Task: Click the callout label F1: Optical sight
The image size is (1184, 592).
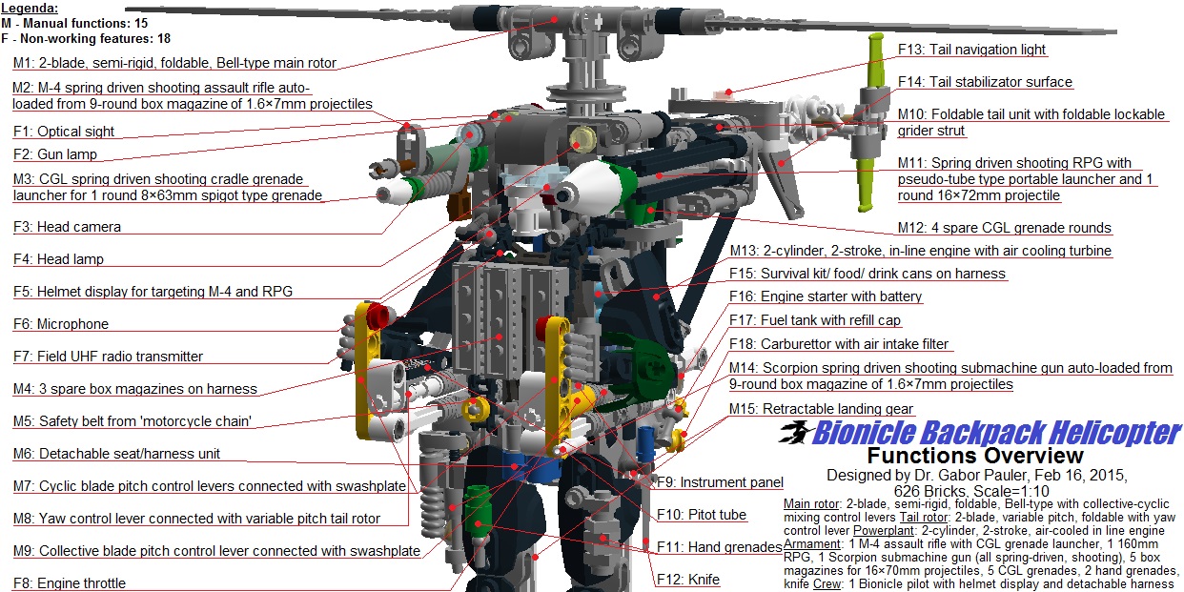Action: point(63,132)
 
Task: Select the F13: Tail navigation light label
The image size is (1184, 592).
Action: point(971,50)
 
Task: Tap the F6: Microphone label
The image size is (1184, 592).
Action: point(61,324)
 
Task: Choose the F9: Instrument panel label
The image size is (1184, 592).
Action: point(720,482)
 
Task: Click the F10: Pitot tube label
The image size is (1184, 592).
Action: point(702,515)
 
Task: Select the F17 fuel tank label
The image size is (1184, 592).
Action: point(815,320)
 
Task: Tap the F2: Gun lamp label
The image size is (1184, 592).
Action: point(55,154)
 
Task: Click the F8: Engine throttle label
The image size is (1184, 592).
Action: point(69,583)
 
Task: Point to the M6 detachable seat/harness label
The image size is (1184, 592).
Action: point(116,454)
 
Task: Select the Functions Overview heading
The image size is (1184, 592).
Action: point(974,456)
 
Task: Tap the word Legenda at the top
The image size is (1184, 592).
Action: point(29,8)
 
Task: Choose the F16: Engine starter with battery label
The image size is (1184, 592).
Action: point(826,296)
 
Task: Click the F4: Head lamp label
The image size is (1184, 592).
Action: point(58,259)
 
